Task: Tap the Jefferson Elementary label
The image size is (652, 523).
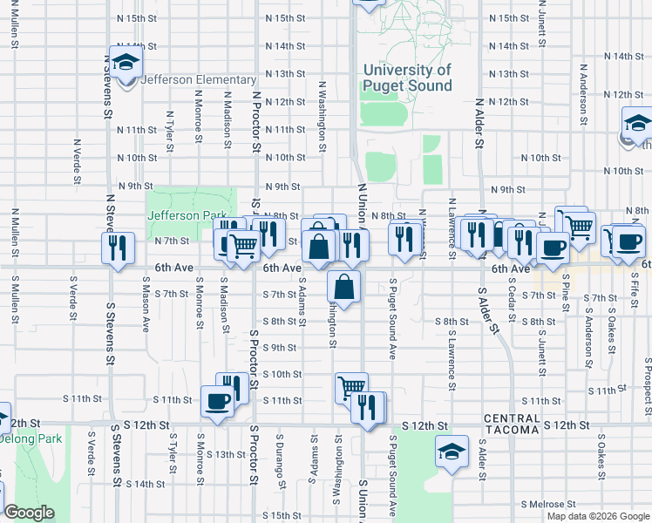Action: tap(186, 79)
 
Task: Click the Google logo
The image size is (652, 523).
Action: tap(30, 512)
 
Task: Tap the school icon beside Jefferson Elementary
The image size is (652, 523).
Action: tap(126, 62)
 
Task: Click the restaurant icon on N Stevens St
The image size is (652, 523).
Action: tap(117, 247)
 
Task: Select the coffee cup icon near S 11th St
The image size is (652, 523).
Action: tap(216, 402)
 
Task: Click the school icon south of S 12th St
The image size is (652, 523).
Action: tap(450, 452)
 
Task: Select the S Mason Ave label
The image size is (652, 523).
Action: tap(145, 304)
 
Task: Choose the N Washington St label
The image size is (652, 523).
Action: tap(322, 118)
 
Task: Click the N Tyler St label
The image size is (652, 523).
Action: tap(170, 127)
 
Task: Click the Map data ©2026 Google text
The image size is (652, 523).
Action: tap(597, 515)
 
